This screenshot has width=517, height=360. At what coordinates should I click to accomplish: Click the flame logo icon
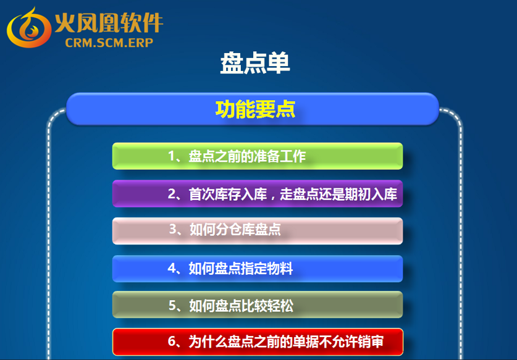point(29,27)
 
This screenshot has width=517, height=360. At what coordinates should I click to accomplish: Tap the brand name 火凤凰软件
point(109,23)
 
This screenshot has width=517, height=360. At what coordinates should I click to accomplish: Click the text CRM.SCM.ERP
point(109,43)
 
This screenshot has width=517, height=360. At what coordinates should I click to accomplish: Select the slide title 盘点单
point(255,63)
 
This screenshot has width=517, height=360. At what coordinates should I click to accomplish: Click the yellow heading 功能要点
point(255,109)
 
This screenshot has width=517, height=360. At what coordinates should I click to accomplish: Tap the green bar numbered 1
point(258,156)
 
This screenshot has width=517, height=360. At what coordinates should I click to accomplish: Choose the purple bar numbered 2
point(258,193)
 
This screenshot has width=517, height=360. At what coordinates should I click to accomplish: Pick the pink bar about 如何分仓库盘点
point(258,231)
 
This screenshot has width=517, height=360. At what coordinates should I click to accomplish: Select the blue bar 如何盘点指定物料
point(258,269)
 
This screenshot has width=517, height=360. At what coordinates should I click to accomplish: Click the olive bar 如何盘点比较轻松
point(258,304)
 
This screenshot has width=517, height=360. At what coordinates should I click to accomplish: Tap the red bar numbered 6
point(258,342)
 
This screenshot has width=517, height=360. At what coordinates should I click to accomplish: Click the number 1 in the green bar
point(172,156)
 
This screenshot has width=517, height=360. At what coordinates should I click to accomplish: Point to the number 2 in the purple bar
point(172,194)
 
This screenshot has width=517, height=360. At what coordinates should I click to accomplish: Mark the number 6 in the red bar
point(172,341)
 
